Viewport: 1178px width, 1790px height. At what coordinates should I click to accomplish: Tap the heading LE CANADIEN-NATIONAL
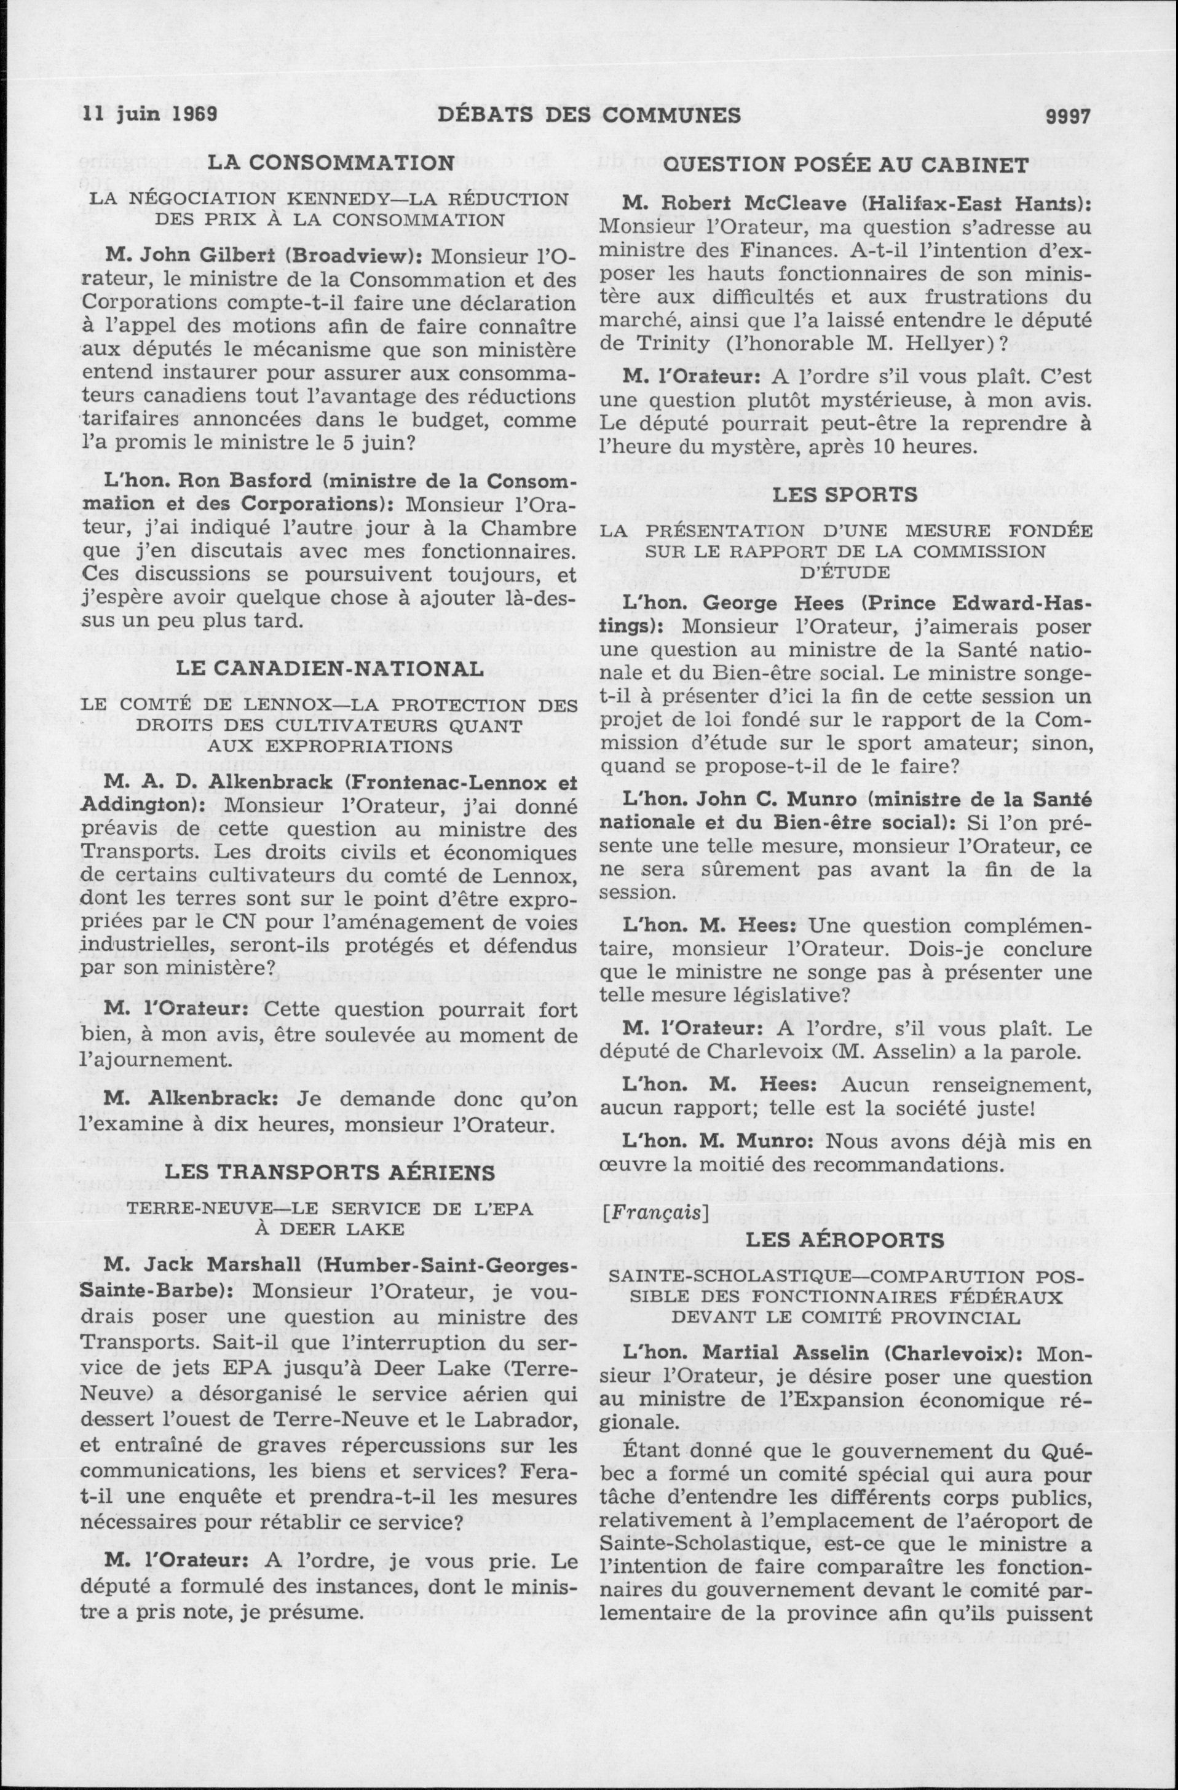click(330, 669)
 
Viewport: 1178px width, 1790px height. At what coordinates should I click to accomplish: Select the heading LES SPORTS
click(845, 494)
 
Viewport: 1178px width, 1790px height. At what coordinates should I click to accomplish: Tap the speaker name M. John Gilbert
click(192, 255)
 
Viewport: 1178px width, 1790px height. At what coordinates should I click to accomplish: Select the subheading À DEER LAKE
click(330, 1228)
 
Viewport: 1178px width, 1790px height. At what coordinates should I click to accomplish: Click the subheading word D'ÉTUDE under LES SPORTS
click(845, 572)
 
